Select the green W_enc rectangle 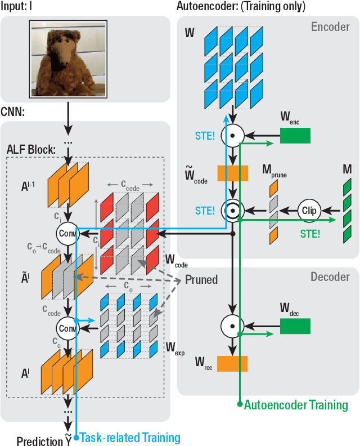pyautogui.click(x=295, y=135)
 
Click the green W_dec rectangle pyautogui.click(x=295, y=325)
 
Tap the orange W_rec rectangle pyautogui.click(x=232, y=364)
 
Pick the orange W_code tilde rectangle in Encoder pyautogui.click(x=232, y=173)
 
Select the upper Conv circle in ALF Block pyautogui.click(x=67, y=232)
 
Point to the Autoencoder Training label pyautogui.click(x=296, y=405)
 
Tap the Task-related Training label pyautogui.click(x=130, y=438)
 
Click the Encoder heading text pyautogui.click(x=331, y=27)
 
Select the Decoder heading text pyautogui.click(x=330, y=278)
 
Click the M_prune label pyautogui.click(x=274, y=171)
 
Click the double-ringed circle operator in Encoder pyautogui.click(x=231, y=211)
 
